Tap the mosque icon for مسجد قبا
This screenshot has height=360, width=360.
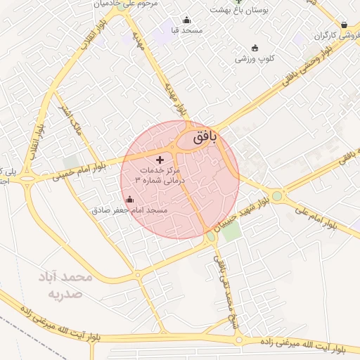[x=186, y=20]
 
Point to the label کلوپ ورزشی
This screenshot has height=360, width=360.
[x=255, y=59]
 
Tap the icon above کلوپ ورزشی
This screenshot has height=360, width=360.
[x=255, y=48]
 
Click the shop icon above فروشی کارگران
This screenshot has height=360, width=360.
[x=344, y=25]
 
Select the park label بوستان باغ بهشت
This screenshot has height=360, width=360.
[x=239, y=11]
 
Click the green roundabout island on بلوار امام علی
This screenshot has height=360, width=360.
[x=277, y=196]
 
